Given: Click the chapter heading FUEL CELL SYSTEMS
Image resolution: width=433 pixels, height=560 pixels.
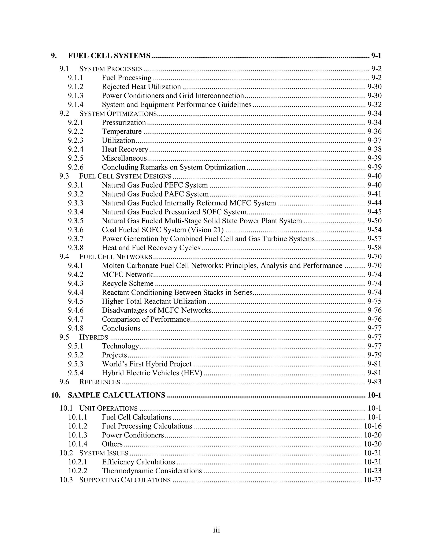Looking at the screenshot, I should (109, 56).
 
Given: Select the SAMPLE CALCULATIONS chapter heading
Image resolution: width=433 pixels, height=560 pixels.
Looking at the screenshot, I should (116, 395).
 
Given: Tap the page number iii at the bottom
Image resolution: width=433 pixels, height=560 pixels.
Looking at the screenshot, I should (216, 530).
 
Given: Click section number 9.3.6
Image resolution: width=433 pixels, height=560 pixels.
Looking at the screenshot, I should (76, 230).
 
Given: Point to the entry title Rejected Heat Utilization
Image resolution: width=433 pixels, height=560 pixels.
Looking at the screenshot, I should (141, 87).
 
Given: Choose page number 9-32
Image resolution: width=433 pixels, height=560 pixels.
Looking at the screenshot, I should (374, 105).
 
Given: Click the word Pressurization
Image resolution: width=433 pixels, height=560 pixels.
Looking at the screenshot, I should (124, 123).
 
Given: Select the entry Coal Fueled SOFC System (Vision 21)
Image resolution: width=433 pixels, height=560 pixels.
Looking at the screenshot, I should (163, 230).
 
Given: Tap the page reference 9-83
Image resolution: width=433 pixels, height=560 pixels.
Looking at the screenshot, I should (374, 382).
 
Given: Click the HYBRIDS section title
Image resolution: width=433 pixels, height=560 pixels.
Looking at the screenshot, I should (94, 337).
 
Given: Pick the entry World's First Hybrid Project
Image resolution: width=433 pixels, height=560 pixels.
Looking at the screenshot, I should (147, 364).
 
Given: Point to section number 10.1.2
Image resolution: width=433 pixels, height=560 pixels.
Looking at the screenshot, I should (77, 426).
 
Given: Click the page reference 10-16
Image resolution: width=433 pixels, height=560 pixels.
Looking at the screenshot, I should (373, 426).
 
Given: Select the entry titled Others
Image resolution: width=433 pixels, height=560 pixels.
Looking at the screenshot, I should (112, 444).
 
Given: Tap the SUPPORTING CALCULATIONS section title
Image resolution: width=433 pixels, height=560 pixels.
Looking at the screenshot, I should (125, 480).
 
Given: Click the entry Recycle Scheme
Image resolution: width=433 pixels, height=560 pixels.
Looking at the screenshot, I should (127, 284).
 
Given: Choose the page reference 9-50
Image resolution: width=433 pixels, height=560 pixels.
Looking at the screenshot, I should (374, 221).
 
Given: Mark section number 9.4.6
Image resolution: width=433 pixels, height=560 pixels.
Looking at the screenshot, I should (76, 310).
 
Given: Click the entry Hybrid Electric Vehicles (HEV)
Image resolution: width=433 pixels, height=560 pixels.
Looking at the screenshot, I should (152, 373).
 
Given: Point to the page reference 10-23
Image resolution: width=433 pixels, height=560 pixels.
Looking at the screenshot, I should (373, 471).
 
